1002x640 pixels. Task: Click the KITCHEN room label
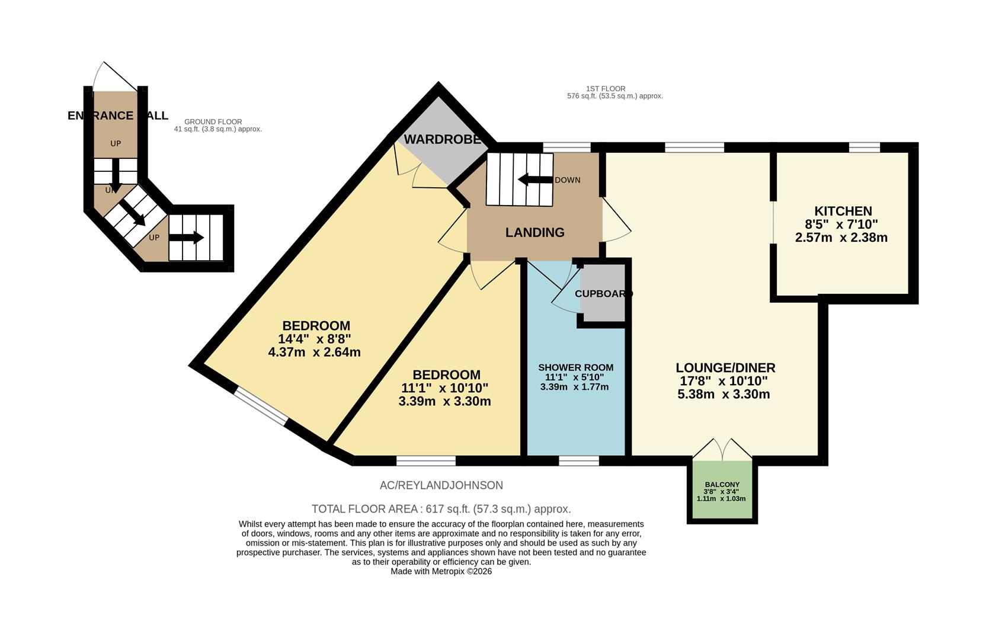pos(842,212)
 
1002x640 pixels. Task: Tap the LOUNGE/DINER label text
pos(725,368)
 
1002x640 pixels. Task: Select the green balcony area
pos(722,491)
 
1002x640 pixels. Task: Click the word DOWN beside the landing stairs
pos(567,180)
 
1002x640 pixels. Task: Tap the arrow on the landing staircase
pos(534,180)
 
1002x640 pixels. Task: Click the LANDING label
pos(534,233)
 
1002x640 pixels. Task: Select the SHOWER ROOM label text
pos(575,368)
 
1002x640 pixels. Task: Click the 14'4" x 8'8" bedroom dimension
pos(314,339)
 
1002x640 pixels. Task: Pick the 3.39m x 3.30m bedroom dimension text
pos(444,401)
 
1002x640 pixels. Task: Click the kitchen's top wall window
pos(864,148)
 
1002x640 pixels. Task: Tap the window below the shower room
pos(578,460)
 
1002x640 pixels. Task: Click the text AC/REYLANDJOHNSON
pos(441,485)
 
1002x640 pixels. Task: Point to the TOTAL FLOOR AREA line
pos(441,509)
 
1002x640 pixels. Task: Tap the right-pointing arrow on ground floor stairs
pos(188,238)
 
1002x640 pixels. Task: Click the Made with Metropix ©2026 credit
pos(441,572)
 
